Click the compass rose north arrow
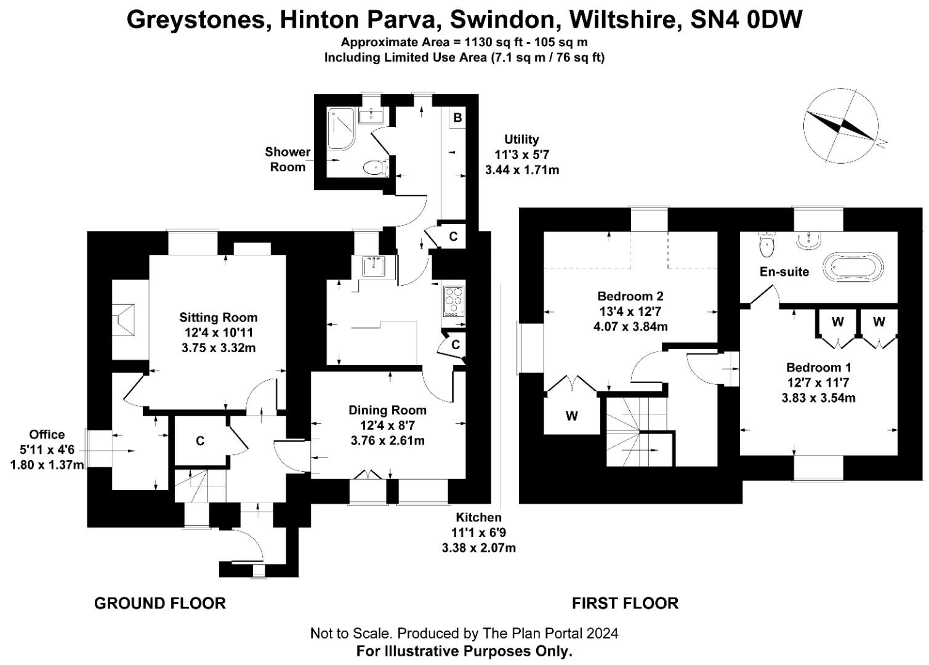(x=841, y=126)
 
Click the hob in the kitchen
(x=454, y=301)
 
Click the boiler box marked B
(x=457, y=117)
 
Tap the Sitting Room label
(x=218, y=318)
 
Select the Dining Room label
(x=387, y=410)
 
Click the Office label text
(x=47, y=435)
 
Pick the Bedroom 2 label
(x=630, y=296)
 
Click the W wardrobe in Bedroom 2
(x=571, y=416)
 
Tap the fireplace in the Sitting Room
(x=123, y=320)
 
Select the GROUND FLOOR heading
(x=159, y=603)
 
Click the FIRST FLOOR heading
(x=625, y=603)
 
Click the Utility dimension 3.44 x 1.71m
(x=521, y=170)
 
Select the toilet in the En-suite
(x=766, y=245)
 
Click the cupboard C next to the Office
(x=200, y=441)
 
